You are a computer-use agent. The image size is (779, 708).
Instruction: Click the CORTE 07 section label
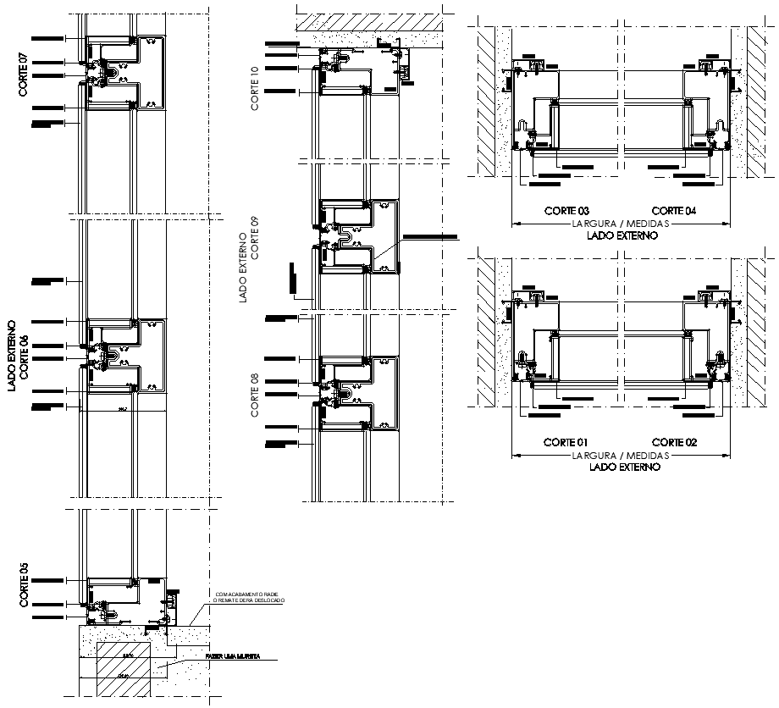[24, 75]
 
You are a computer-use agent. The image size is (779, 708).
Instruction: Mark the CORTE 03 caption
[566, 211]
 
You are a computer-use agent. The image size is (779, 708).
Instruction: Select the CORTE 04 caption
[674, 211]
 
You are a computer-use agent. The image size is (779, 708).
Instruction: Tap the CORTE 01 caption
[566, 442]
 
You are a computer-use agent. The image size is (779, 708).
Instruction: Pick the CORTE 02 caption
[674, 442]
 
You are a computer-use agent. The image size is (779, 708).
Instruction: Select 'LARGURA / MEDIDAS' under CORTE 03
[621, 224]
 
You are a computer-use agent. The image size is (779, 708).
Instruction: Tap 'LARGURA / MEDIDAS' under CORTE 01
[621, 455]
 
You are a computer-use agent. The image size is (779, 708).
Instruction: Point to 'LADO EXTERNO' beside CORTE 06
[11, 356]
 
